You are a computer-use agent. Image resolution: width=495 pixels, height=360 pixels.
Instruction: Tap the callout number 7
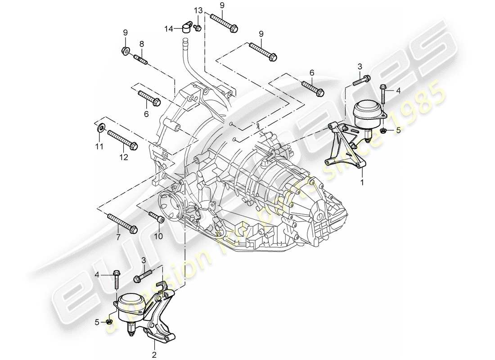coord(118,237)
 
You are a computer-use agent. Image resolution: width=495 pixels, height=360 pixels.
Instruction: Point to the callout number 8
coord(141,44)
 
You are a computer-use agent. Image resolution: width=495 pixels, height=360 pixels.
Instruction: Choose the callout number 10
coord(157,236)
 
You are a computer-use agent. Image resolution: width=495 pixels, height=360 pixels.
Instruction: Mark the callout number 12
coord(124,157)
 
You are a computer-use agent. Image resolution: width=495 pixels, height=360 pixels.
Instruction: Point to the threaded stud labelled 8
coord(140,58)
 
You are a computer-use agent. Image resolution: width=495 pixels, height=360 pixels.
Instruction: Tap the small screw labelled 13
coord(198,28)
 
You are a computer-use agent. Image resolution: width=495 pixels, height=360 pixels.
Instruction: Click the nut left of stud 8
coord(125,50)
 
